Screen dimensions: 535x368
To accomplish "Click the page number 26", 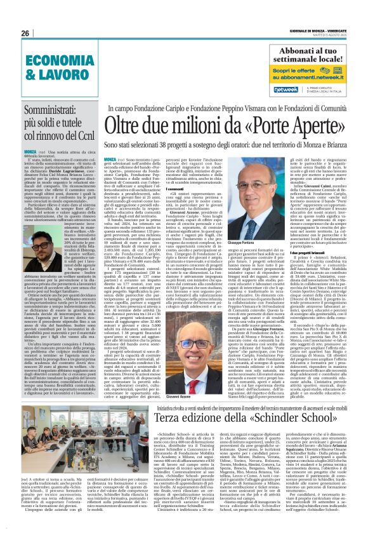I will [26, 33].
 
